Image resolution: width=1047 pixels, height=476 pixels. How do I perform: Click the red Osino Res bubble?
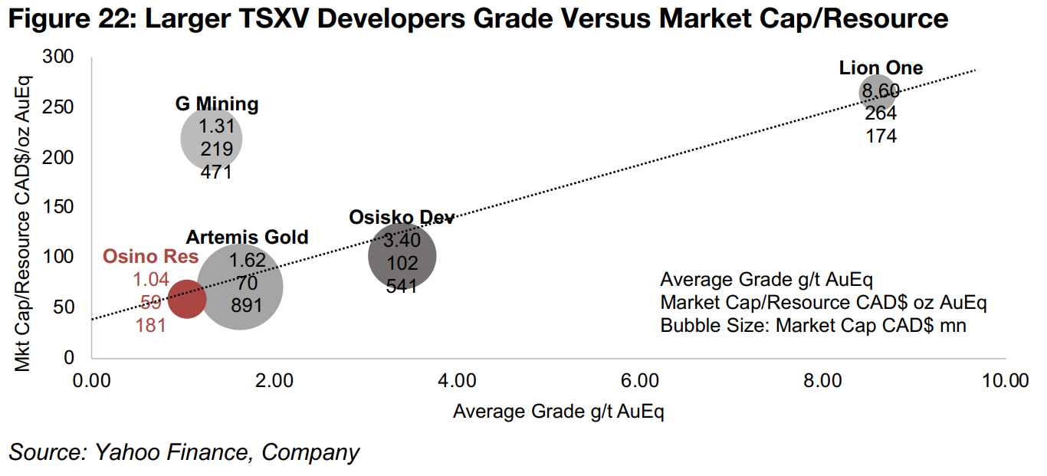(187, 299)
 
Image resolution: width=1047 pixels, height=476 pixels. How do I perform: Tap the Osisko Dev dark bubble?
(402, 256)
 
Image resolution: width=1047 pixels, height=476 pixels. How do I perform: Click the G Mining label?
(217, 104)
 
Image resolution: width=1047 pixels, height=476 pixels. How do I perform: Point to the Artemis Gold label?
(247, 237)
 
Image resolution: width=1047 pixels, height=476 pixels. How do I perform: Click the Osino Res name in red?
(150, 257)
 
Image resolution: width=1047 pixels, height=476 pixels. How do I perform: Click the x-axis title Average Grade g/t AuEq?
(558, 412)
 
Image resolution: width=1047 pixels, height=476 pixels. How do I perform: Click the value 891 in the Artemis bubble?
(247, 305)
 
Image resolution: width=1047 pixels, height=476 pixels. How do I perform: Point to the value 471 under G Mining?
(216, 172)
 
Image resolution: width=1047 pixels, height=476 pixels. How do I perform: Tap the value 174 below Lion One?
(881, 136)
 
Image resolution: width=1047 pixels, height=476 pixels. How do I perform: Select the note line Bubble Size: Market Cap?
(813, 325)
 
